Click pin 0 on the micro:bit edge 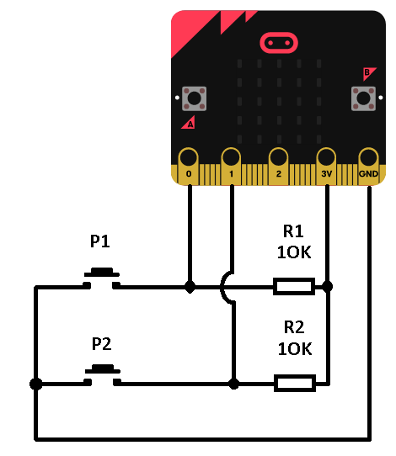[189, 167]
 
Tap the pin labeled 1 [231, 167]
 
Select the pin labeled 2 [278, 167]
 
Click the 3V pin [326, 167]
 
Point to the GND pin [368, 167]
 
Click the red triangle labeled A [189, 123]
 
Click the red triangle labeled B [368, 73]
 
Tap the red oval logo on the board [279, 43]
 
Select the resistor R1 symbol [294, 286]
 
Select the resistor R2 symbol [295, 384]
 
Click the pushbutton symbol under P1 [102, 278]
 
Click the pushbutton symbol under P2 [103, 375]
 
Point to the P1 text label [100, 241]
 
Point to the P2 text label [101, 344]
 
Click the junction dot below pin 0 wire [190, 287]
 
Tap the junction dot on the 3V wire [327, 286]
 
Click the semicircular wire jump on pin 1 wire [222, 288]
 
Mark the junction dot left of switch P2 [36, 384]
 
